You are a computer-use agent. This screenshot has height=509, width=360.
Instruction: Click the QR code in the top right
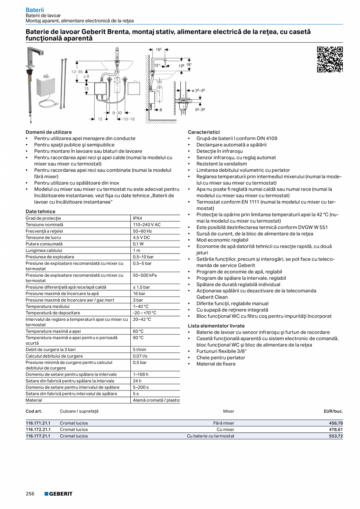tap(329, 59)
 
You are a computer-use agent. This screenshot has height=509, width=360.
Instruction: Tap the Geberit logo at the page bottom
tap(58, 494)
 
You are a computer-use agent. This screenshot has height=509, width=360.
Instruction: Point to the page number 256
tap(31, 494)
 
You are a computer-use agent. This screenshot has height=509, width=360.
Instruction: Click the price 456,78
tap(335, 423)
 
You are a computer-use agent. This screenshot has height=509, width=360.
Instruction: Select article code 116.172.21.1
tap(38, 430)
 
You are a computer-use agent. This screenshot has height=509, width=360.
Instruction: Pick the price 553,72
tap(335, 436)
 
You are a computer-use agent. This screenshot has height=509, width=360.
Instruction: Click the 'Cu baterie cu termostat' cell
tap(211, 436)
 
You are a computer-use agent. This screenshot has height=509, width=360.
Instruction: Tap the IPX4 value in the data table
tap(137, 218)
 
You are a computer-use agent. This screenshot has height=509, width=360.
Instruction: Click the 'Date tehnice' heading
tap(40, 212)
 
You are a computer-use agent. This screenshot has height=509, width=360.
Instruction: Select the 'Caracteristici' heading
tap(203, 132)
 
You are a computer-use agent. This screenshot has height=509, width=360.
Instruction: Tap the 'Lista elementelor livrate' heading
tap(216, 326)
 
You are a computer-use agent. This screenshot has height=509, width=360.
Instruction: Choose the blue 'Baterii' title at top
tap(34, 9)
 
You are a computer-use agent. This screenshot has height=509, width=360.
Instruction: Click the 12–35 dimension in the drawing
tap(77, 72)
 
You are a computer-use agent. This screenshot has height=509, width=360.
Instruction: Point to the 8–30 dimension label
tap(117, 113)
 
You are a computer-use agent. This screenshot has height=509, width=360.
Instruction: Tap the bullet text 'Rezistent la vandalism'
tap(221, 164)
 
